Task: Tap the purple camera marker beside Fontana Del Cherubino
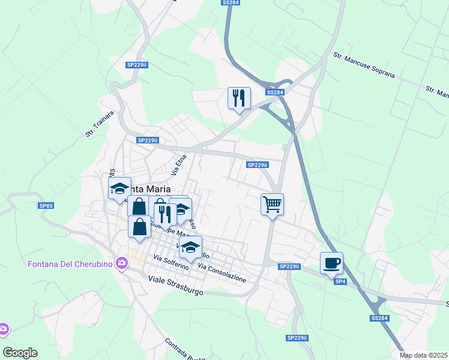(x=122, y=263)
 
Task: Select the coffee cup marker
(x=331, y=262)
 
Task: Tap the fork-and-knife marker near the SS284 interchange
(x=239, y=98)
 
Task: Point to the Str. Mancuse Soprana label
(x=364, y=65)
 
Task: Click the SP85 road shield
(x=46, y=206)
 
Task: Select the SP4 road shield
(x=340, y=281)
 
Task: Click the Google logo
(x=20, y=353)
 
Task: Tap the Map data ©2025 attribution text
(x=424, y=355)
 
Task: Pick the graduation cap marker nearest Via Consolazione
(x=190, y=247)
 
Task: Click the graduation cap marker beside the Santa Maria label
(x=119, y=188)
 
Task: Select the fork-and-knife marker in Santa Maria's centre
(x=165, y=214)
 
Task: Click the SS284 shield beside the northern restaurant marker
(x=275, y=92)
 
